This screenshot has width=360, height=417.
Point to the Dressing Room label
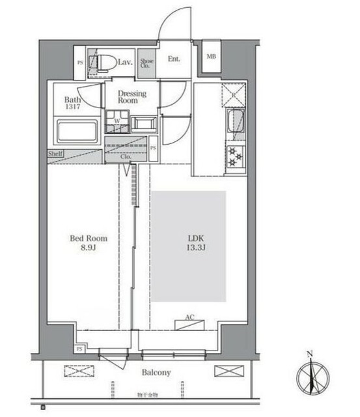132,97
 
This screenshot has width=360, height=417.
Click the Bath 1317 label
72,104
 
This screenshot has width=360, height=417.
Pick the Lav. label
126,63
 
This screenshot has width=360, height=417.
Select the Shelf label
55,154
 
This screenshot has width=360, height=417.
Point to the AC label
189,317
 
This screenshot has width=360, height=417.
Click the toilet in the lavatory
102,63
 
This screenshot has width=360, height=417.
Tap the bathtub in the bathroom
77,131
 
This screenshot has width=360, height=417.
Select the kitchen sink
235,121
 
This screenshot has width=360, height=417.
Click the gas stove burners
234,154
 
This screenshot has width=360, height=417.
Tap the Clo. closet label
126,157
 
